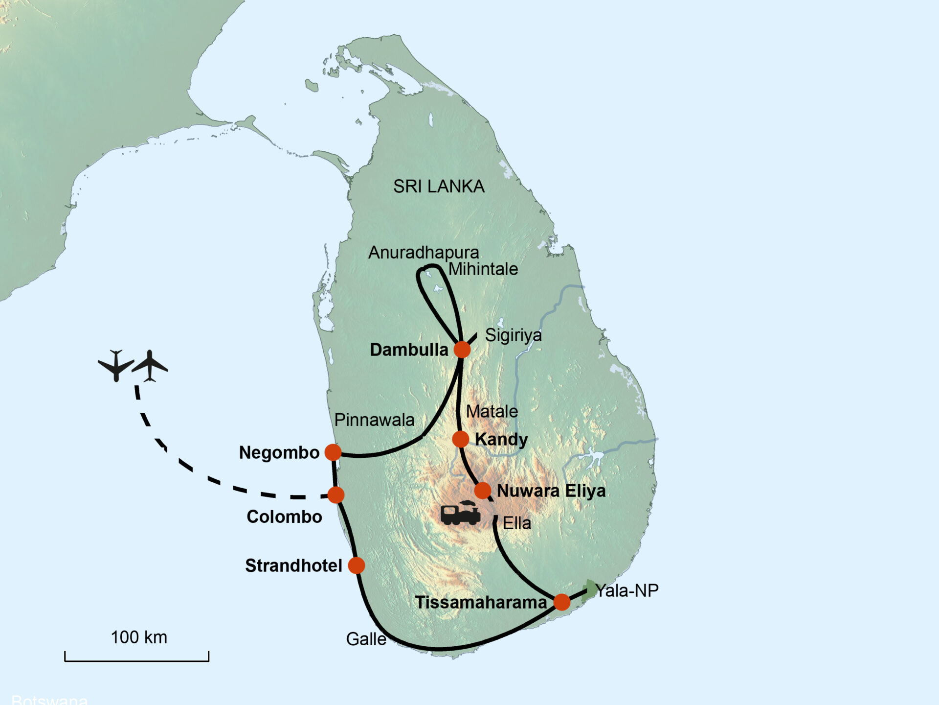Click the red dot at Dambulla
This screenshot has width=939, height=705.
coord(462,350)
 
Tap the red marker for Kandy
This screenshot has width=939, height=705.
coord(460,439)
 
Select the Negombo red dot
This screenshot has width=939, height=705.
coord(333,452)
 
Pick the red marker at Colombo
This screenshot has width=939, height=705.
coord(336,495)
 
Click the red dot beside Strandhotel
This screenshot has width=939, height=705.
coord(357,565)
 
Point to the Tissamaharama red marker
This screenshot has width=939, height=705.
coord(562,602)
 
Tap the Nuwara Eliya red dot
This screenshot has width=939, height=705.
coord(483,490)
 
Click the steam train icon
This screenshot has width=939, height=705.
coord(460,513)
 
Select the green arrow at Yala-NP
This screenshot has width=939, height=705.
coord(590,589)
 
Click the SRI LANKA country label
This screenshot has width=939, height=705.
coord(439,187)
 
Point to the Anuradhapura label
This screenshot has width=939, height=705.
coord(424,253)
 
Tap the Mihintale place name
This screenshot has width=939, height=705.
coord(483,269)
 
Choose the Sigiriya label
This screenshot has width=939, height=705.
coord(513,335)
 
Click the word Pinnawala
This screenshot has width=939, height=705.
coord(374,420)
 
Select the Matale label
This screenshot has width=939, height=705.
coord(492,412)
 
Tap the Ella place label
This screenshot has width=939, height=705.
coord(516,523)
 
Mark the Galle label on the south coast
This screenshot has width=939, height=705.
coord(366,639)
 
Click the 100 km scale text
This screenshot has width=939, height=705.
coord(139,637)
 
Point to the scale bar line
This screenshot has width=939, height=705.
coord(137,661)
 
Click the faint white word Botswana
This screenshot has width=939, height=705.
coord(49,700)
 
